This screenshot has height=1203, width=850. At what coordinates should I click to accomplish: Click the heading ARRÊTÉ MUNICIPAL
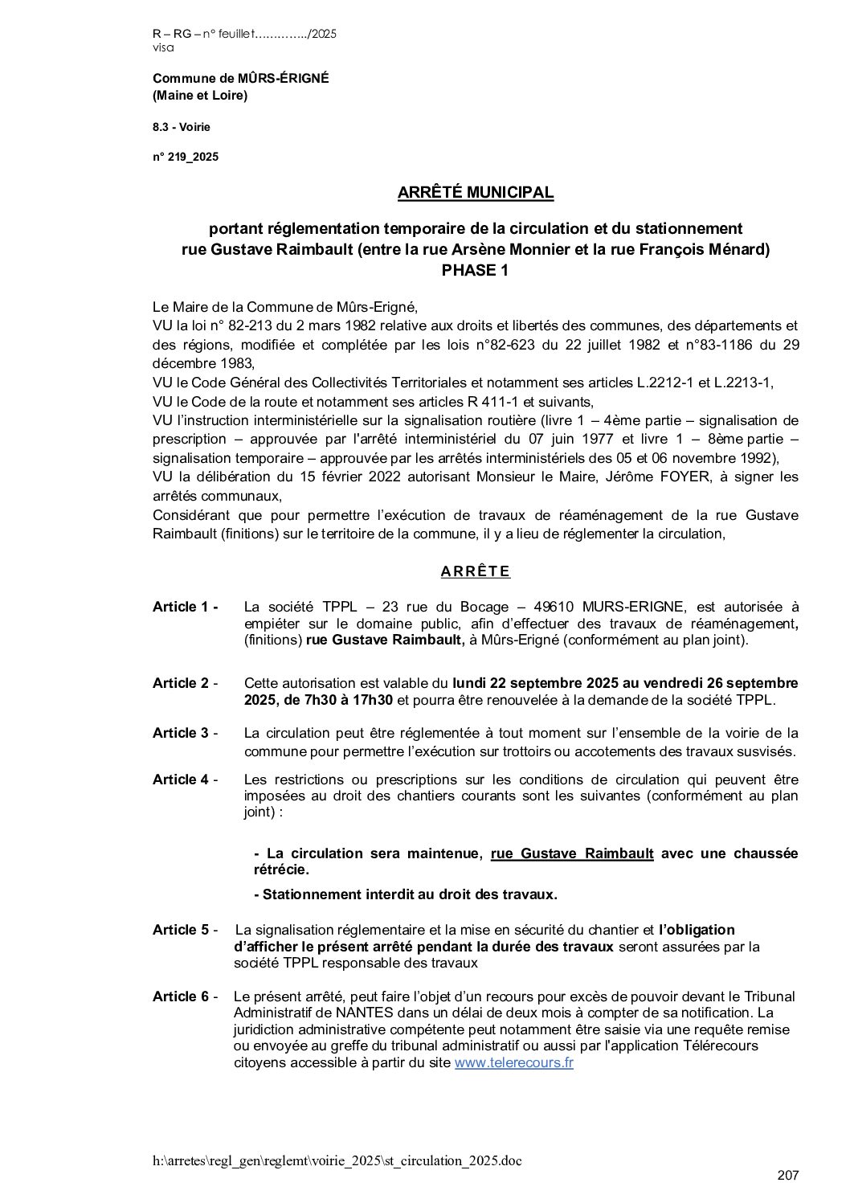[x=476, y=193]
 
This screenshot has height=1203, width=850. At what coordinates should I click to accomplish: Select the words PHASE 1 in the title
[x=476, y=271]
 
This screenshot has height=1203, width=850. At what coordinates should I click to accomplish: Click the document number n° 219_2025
[x=186, y=158]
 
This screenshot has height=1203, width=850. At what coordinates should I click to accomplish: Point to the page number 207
[x=788, y=1176]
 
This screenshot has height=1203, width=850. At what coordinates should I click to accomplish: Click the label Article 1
[x=185, y=608]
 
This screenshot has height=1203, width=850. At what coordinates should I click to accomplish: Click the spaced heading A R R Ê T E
[x=476, y=572]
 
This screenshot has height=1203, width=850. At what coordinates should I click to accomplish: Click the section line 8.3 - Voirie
[x=182, y=127]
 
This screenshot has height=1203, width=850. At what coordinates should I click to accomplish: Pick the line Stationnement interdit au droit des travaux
[x=406, y=894]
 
